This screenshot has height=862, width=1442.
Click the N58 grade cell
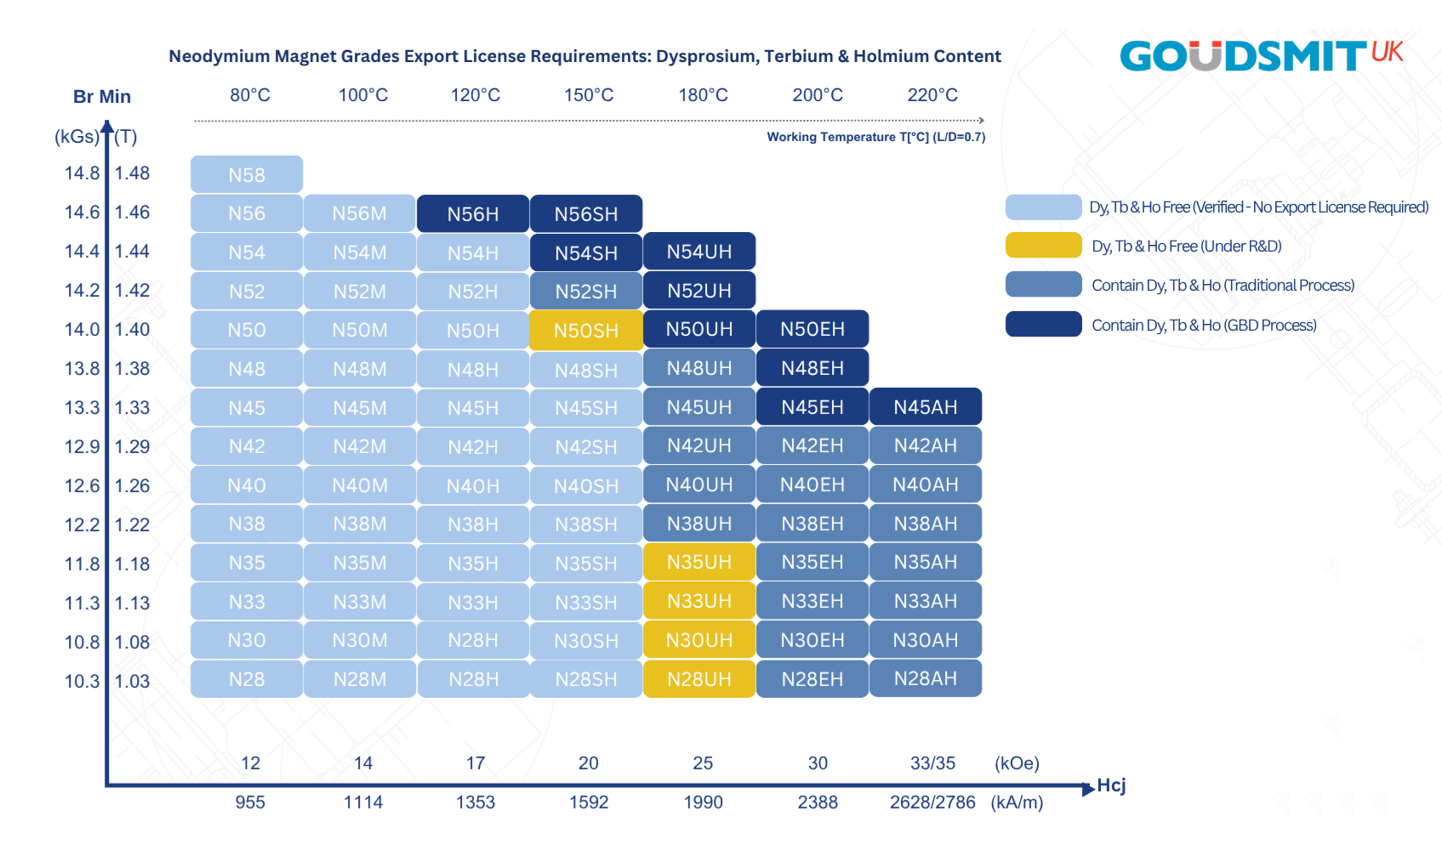(247, 174)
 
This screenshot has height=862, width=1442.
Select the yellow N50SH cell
(586, 330)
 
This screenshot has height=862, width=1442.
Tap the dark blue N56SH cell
(586, 214)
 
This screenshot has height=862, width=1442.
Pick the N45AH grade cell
(926, 407)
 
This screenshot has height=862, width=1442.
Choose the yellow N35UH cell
(699, 562)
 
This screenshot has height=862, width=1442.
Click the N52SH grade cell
(586, 292)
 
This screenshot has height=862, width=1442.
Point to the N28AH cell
(926, 678)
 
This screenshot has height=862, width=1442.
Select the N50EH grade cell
(812, 329)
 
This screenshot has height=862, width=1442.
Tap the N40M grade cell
(360, 485)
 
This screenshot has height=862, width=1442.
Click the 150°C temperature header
(589, 95)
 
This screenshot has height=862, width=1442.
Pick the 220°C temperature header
(932, 95)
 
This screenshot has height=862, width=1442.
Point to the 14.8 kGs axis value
(83, 173)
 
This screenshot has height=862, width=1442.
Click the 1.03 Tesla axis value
(133, 681)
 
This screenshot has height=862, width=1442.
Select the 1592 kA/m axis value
(589, 802)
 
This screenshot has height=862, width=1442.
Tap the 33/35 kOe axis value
(932, 763)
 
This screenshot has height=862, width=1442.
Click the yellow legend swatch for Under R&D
(1043, 246)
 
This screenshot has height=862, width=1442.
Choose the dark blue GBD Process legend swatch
(1043, 324)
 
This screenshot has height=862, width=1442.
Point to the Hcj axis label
(1111, 785)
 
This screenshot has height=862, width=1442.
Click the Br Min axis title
(102, 96)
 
